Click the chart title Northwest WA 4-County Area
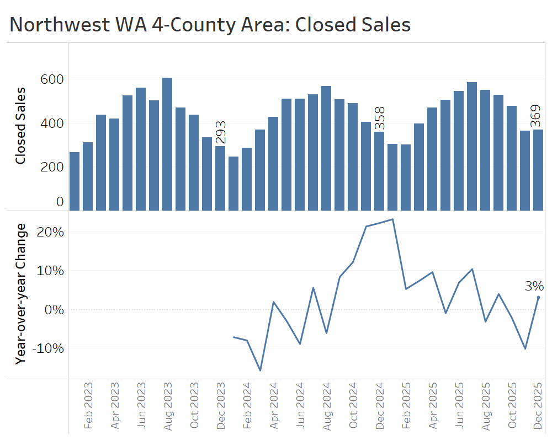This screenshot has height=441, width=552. [210, 25]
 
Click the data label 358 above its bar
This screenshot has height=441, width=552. [379, 119]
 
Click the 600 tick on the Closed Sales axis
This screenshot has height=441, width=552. [52, 79]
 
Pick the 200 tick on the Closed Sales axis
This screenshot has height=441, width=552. [52, 166]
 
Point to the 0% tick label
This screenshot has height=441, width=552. [55, 310]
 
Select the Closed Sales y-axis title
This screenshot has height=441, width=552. [20, 126]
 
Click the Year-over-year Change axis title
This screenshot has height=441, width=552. [20, 293]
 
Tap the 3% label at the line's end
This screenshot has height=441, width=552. [534, 286]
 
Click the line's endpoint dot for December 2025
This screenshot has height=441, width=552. [538, 297]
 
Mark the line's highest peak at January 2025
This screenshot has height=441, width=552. [392, 219]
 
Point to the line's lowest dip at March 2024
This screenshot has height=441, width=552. [260, 370]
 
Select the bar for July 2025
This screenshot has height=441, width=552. [472, 146]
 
